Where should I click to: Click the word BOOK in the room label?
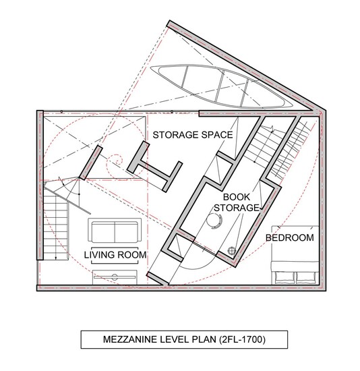(237, 197)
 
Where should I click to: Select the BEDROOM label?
(290, 237)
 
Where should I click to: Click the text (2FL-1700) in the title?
(242, 339)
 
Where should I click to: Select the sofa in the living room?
(115, 230)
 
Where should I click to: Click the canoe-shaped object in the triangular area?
(222, 86)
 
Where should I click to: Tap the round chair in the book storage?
(214, 221)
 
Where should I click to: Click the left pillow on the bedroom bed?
(283, 277)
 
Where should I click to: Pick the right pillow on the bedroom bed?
(305, 277)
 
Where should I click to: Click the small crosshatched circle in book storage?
(231, 250)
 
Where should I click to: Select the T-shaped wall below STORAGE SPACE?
(155, 167)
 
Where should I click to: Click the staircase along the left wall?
(56, 227)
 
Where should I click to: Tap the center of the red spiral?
(117, 162)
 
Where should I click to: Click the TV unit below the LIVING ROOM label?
(115, 277)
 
